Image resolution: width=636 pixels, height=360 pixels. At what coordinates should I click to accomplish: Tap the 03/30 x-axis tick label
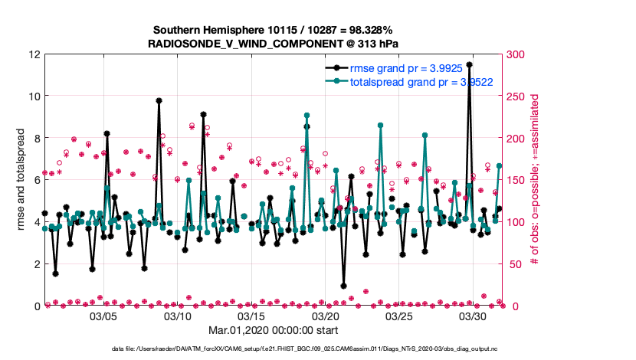[x=474, y=316]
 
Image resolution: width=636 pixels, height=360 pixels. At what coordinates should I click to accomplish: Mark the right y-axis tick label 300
[x=517, y=54]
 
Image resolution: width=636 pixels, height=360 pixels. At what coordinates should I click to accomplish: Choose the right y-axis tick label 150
[x=517, y=180]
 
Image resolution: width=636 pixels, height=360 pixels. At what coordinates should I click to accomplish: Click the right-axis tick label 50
[x=514, y=263]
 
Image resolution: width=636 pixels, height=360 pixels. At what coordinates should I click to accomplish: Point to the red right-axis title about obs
[x=535, y=180]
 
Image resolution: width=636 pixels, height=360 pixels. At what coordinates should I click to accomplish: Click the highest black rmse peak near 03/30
[x=469, y=65]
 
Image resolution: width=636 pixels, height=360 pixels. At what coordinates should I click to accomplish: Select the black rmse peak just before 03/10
[x=159, y=100]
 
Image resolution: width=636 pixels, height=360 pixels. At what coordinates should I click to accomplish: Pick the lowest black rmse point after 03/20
[x=343, y=286]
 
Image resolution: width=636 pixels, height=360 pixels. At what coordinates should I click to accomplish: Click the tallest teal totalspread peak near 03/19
[x=307, y=115]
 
